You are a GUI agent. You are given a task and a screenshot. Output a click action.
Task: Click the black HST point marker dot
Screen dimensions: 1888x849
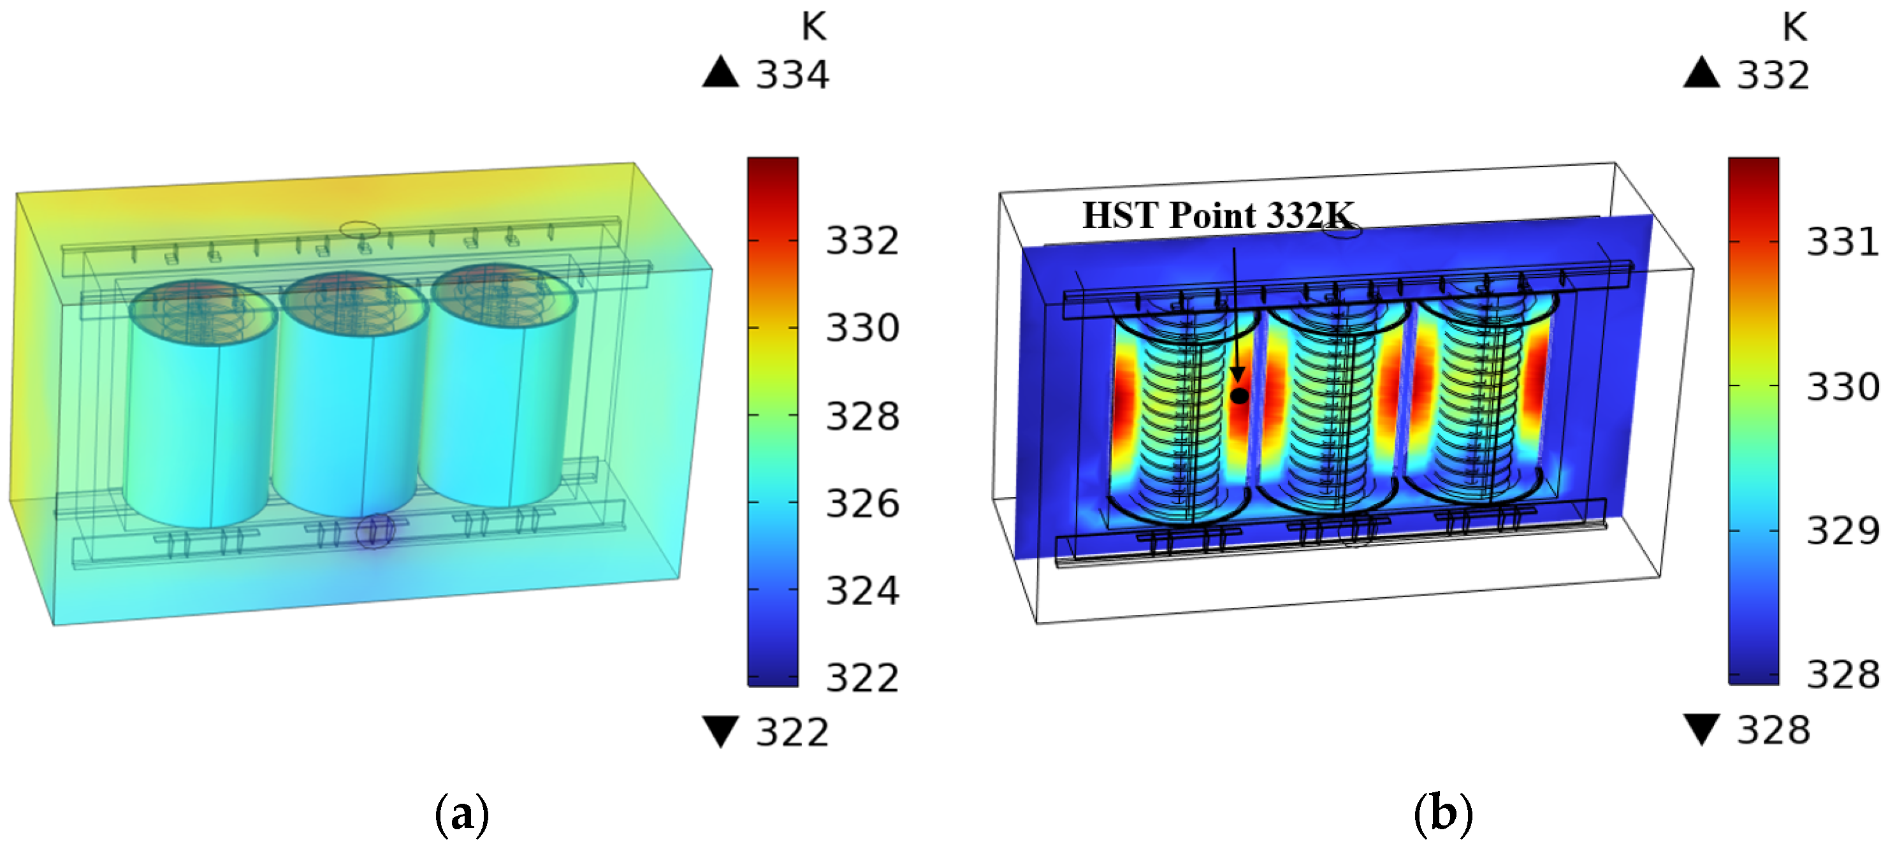click(x=1238, y=396)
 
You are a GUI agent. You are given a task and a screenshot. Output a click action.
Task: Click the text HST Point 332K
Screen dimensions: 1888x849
click(x=1217, y=215)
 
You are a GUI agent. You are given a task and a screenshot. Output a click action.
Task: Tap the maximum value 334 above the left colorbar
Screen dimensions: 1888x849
click(x=792, y=75)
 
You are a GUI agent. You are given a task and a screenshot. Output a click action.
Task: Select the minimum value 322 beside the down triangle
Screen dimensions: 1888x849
click(x=792, y=732)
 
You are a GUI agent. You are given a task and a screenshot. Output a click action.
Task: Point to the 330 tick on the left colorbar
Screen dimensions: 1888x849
click(x=862, y=328)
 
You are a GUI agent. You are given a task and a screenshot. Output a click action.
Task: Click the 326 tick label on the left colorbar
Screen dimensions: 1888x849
click(x=862, y=504)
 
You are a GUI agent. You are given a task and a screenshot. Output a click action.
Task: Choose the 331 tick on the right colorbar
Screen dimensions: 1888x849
click(x=1843, y=242)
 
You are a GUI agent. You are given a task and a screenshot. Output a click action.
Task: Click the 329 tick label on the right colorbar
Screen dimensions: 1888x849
click(x=1843, y=531)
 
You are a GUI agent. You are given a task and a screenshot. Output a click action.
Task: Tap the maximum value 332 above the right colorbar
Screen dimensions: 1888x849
click(x=1773, y=75)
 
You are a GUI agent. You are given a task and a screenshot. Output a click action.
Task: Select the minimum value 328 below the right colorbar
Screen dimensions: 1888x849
click(x=1773, y=730)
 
